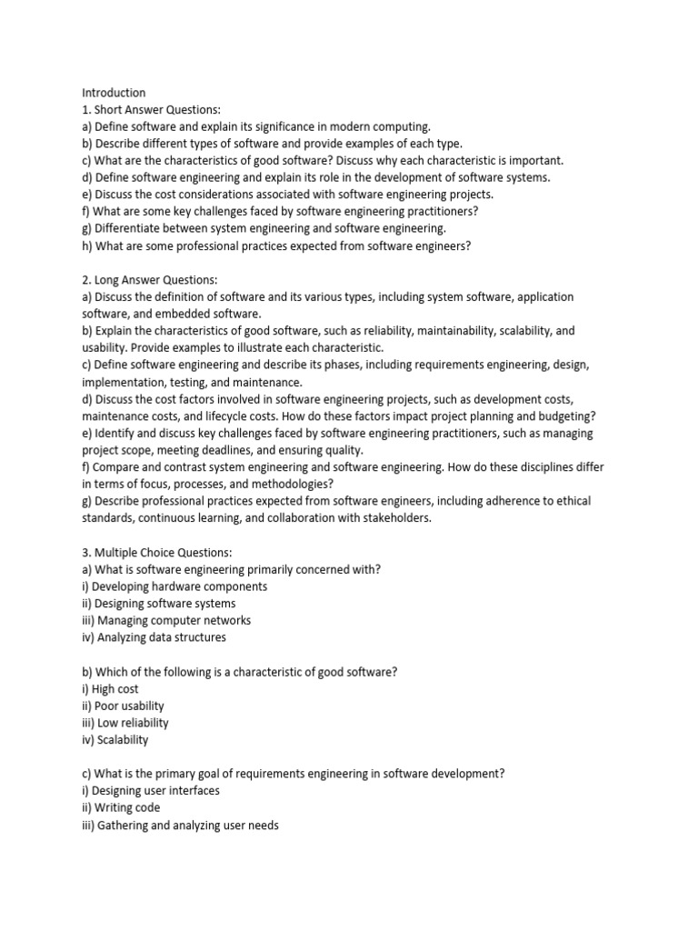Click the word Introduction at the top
click(x=114, y=92)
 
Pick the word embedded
click(x=176, y=314)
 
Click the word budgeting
click(x=563, y=415)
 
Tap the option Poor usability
click(x=128, y=705)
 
